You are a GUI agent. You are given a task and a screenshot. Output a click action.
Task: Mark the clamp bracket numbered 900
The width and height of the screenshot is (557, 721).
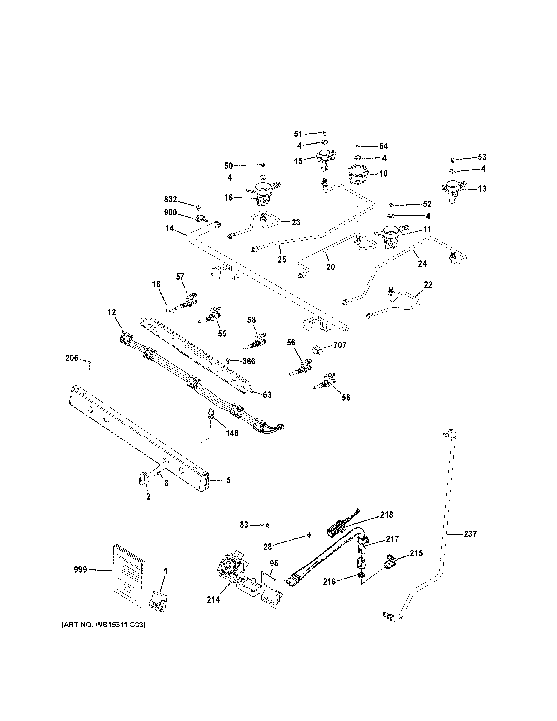pos(200,218)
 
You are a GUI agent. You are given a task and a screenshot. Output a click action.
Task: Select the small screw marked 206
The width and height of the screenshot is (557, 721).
pos(89,363)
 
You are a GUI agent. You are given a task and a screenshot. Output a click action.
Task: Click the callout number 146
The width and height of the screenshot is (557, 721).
pos(232,433)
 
